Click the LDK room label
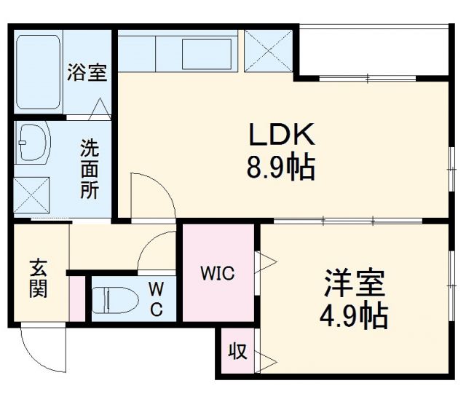[282, 134]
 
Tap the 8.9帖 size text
[280, 168]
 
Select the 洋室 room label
[354, 283]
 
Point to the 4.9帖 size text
[353, 316]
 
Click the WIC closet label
[218, 274]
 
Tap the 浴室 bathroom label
[87, 72]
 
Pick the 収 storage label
[237, 352]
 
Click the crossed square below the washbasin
[32, 194]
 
